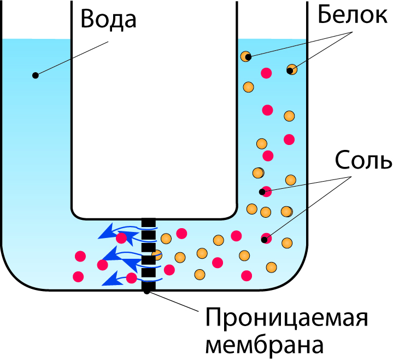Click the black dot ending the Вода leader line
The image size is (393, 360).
(36, 75)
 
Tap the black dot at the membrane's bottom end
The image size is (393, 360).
(147, 291)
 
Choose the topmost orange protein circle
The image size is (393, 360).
(247, 56)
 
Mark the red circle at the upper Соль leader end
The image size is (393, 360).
(266, 191)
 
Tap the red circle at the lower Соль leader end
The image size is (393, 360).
(266, 238)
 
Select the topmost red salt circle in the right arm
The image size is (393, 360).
(267, 72)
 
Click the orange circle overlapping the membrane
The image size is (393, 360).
(157, 255)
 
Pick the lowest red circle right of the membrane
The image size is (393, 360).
(247, 275)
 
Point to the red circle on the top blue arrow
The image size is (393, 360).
(121, 239)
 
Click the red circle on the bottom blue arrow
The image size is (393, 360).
(131, 278)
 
